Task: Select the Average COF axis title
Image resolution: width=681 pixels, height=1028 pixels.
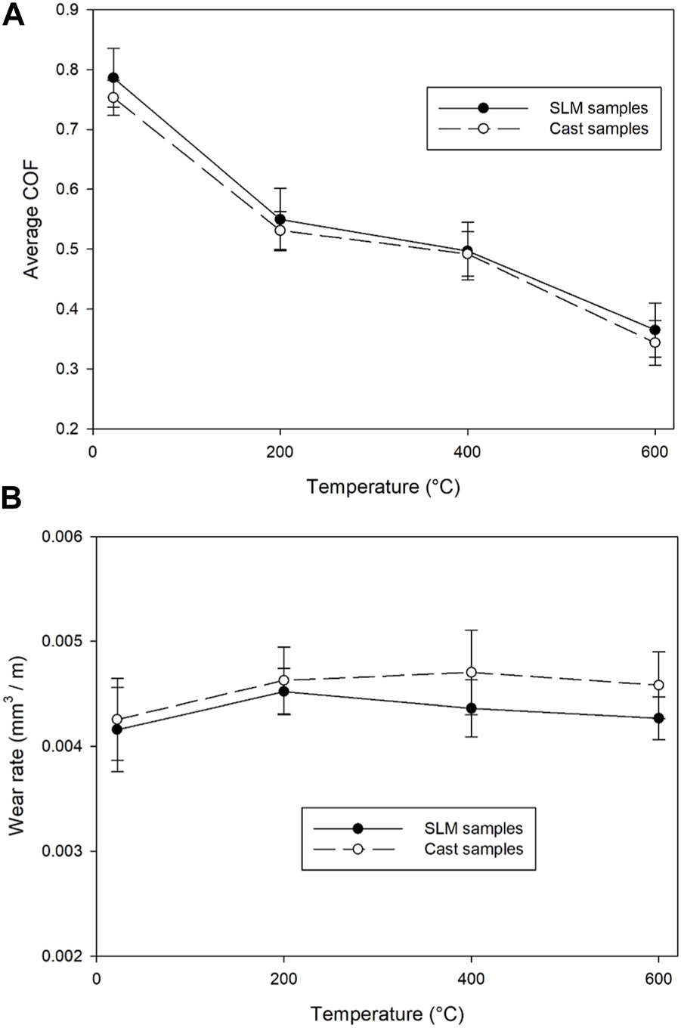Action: [32, 218]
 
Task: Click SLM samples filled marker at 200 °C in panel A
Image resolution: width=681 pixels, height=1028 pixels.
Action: [280, 219]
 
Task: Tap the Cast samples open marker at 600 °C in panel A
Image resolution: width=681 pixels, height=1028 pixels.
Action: [655, 342]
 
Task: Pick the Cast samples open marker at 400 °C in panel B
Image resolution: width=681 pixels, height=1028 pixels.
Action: [472, 672]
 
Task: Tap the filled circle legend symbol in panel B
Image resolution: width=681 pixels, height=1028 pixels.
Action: [358, 828]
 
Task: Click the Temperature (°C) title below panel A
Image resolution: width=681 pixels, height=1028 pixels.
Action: [383, 487]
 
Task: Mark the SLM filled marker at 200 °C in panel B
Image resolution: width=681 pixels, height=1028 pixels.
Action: [283, 691]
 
